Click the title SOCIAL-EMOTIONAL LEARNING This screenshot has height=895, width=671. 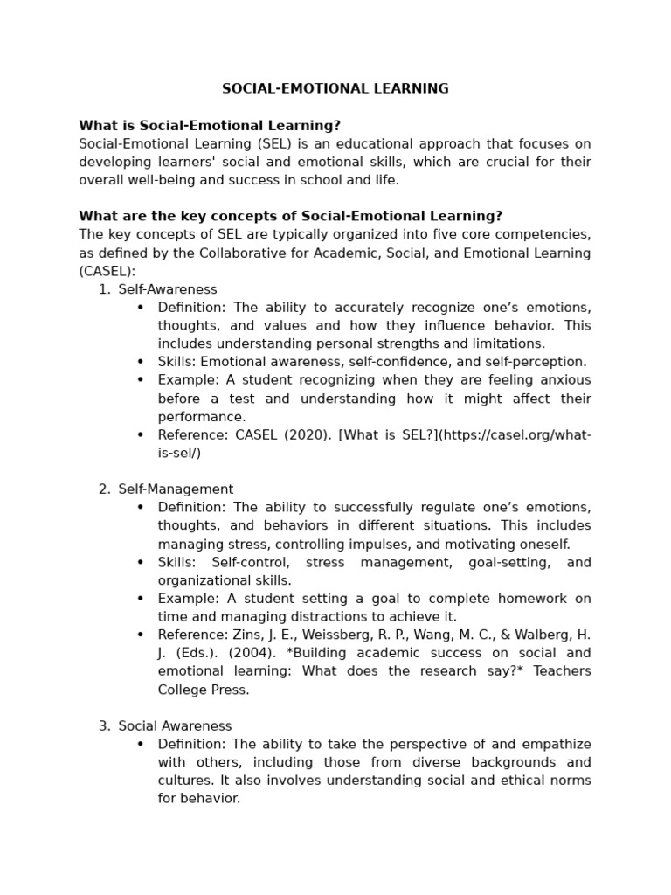[335, 88]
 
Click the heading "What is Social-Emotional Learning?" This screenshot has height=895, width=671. [210, 126]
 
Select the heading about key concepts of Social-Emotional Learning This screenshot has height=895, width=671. [290, 216]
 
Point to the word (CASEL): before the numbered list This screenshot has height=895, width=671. [107, 271]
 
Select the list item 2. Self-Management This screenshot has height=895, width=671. [175, 489]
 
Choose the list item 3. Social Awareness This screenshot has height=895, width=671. [175, 726]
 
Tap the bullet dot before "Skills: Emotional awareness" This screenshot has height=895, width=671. [140, 362]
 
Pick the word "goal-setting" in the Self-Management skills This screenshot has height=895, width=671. [511, 562]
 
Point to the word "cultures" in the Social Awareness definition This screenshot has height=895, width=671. [183, 781]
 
